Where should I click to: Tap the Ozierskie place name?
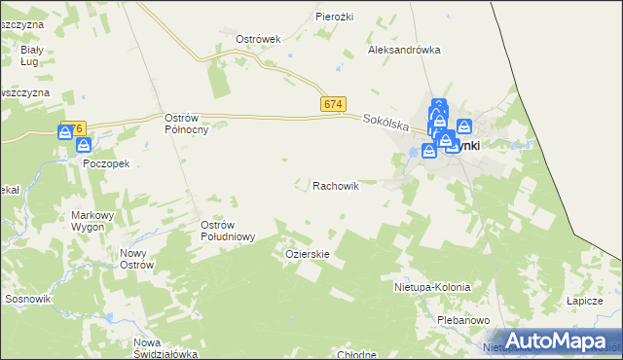[x=308, y=254]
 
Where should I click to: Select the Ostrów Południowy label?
[x=228, y=231]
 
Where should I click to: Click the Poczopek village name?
[x=106, y=164]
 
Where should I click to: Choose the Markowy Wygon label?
[x=93, y=221]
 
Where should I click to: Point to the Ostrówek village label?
[x=258, y=39]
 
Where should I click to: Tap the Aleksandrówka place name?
[x=404, y=50]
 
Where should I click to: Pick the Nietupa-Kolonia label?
[x=432, y=288]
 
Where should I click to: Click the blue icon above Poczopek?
[x=84, y=145]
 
